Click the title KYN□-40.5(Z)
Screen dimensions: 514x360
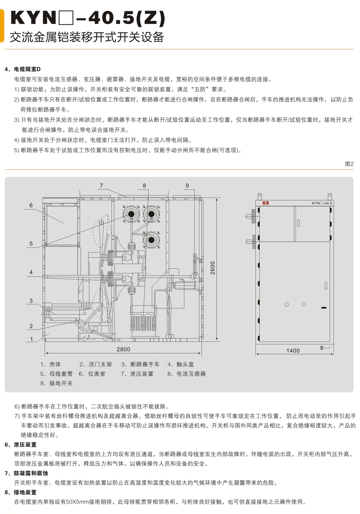tap(88, 18)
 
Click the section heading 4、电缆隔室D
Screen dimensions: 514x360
tap(23, 69)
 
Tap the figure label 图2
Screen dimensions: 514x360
tap(349, 164)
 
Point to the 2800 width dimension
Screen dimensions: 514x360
tap(123, 349)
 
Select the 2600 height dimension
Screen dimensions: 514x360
tap(213, 268)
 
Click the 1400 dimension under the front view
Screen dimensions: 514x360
tap(293, 351)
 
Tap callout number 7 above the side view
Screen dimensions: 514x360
tap(101, 185)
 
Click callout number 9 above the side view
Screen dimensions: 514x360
tap(187, 185)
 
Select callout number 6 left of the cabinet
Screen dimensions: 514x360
tap(31, 205)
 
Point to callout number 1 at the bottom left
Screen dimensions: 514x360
tap(31, 339)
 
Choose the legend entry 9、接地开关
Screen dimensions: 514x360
tap(56, 383)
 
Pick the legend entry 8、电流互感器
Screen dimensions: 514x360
tap(186, 374)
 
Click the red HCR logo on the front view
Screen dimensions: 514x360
tap(266, 203)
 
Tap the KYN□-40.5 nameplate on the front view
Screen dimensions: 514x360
tap(321, 203)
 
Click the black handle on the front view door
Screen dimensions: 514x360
tap(323, 308)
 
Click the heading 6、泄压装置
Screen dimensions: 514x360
tap(21, 445)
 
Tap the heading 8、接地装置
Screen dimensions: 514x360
tap(21, 492)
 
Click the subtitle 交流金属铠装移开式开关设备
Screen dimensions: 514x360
tap(87, 37)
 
